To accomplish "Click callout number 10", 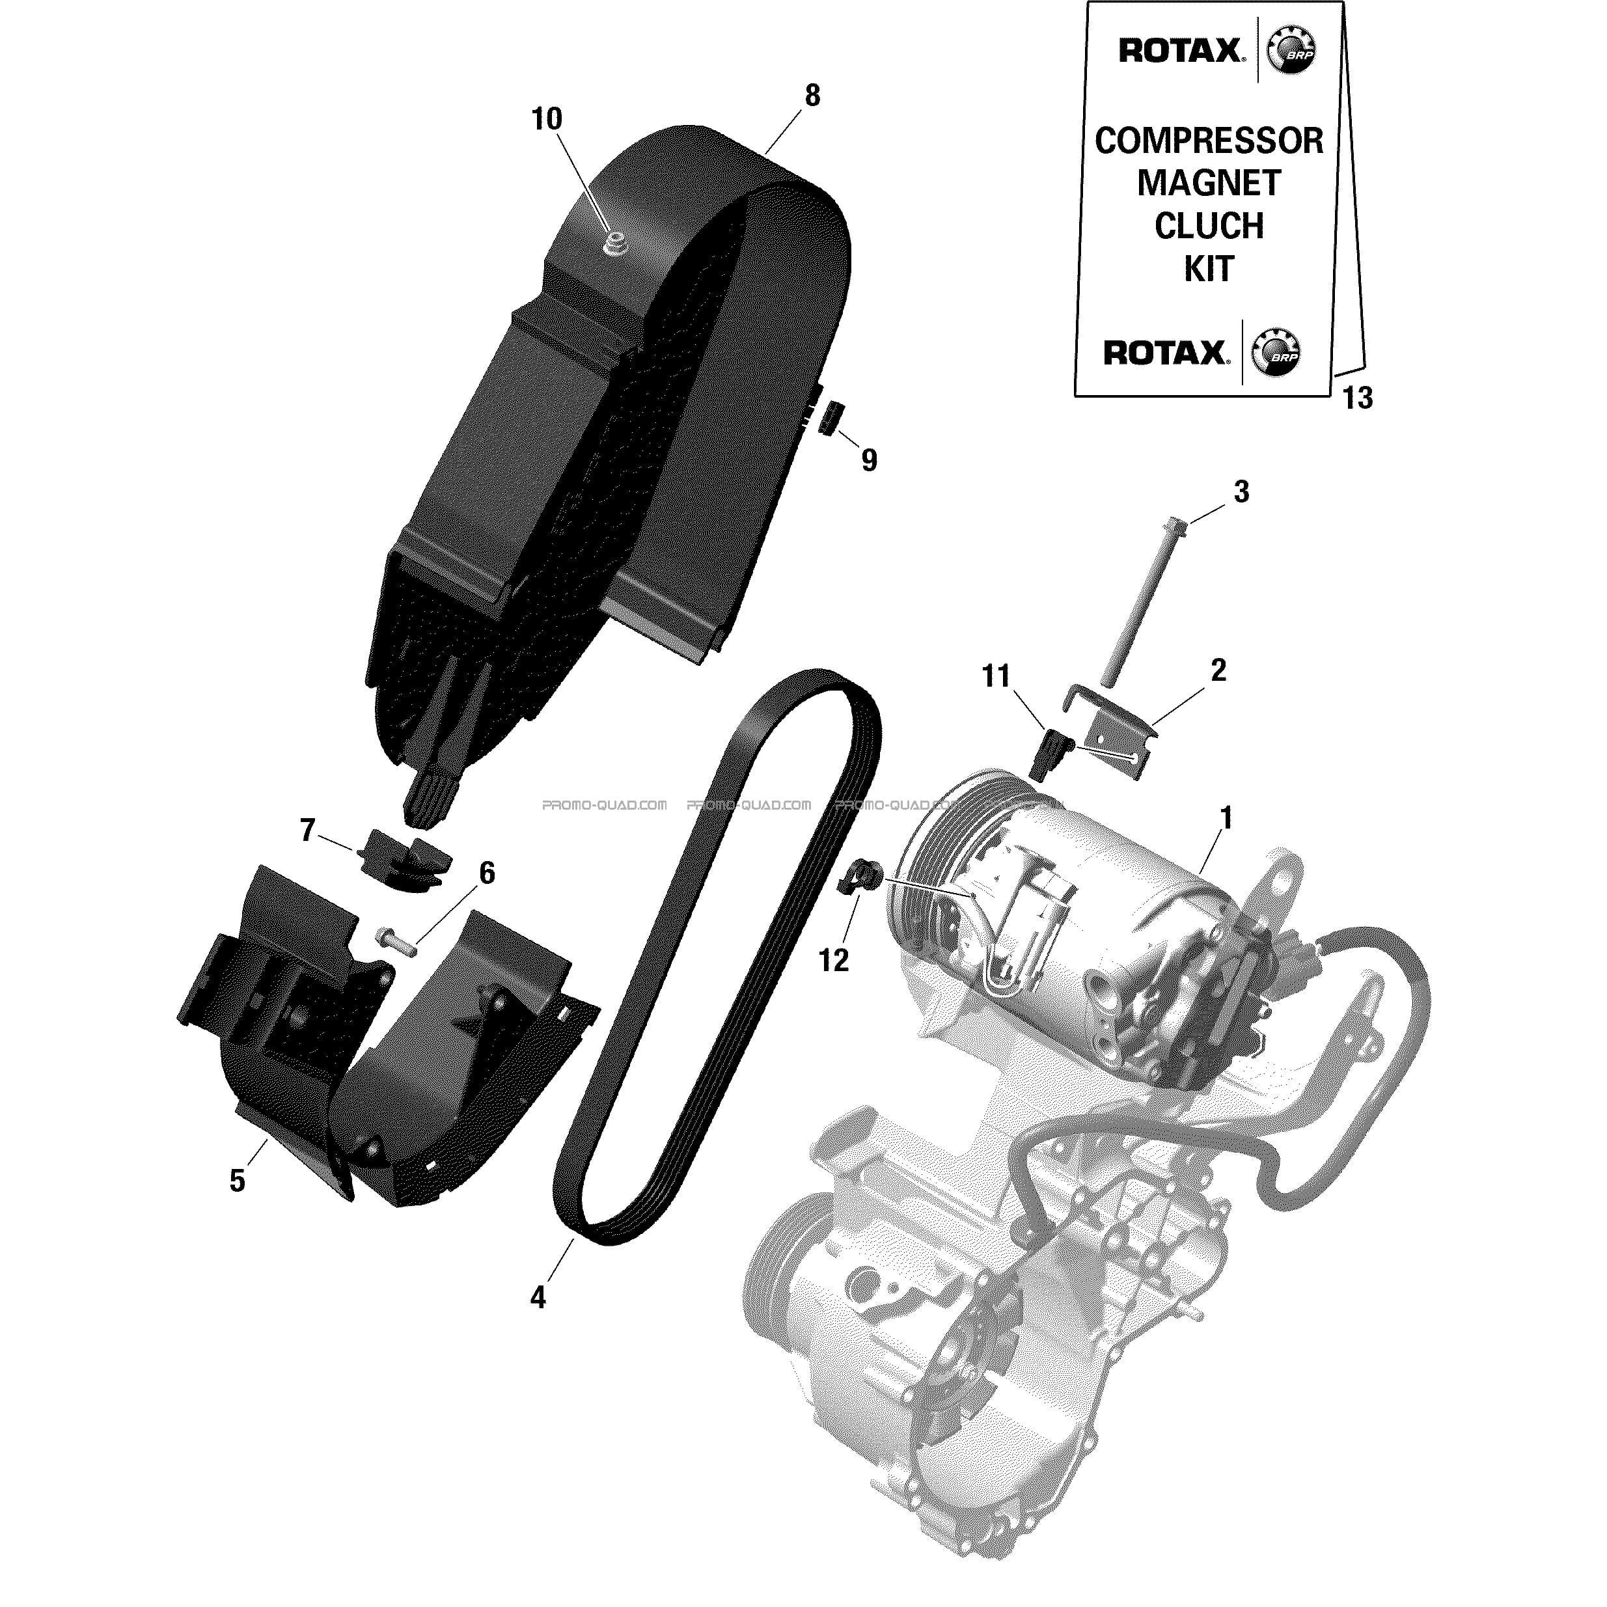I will coord(547,120).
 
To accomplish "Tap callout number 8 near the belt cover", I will coord(812,96).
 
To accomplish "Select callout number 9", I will coord(868,459).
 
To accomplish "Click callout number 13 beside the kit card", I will coord(1358,398).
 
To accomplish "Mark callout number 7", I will coord(308,829).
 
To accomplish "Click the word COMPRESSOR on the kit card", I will coord(1209,141).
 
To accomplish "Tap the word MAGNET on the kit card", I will coord(1209,183).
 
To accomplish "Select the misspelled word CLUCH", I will coord(1209,227).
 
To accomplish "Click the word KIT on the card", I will coord(1209,269).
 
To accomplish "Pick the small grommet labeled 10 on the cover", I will coord(616,245).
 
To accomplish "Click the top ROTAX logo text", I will coord(1180,51).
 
